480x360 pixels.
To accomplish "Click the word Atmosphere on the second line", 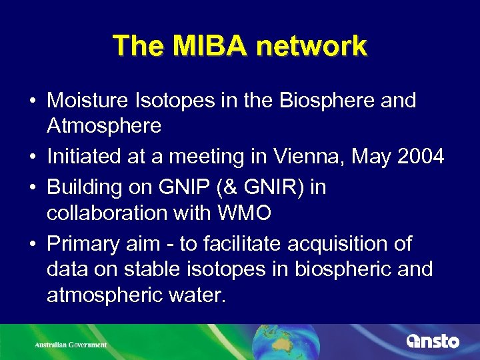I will (x=104, y=125).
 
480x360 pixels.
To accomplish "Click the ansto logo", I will (x=433, y=341).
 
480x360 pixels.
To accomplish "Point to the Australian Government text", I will (x=71, y=345).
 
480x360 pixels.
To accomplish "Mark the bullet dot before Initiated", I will (x=32, y=157).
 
